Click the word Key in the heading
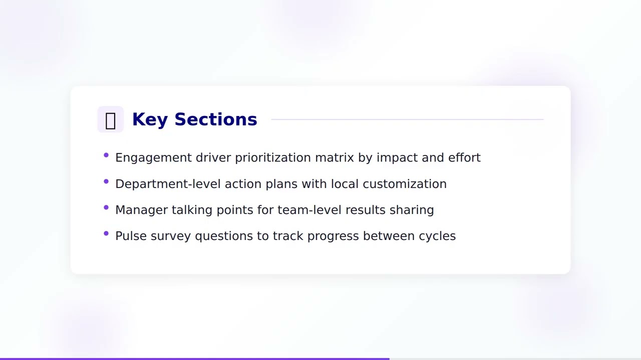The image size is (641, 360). click(149, 119)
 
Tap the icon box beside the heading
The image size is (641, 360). click(111, 120)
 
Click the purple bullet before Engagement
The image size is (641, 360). click(106, 155)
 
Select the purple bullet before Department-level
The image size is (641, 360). click(106, 181)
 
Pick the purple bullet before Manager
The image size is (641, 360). click(106, 207)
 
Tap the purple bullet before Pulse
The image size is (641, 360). click(106, 233)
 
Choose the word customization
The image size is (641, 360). click(405, 184)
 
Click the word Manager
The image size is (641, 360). click(141, 210)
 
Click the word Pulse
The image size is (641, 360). click(131, 236)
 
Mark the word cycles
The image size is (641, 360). click(437, 236)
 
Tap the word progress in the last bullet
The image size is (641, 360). click(333, 236)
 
